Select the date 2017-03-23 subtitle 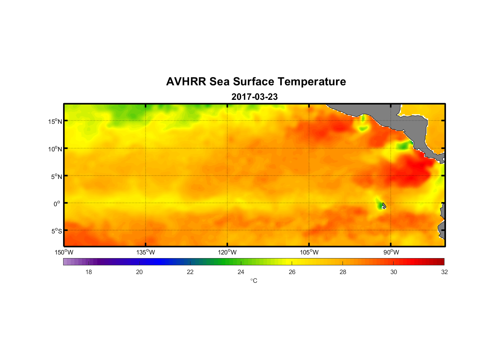(x=254, y=97)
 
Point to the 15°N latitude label (x=55, y=121)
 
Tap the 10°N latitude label (x=55, y=149)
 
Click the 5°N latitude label (x=56, y=176)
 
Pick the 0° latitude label (x=57, y=204)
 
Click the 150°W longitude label (x=64, y=252)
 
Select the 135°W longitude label (x=145, y=252)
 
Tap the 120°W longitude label (x=227, y=252)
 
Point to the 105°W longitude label (x=309, y=252)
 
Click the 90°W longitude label (x=391, y=252)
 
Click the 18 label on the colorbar (x=89, y=272)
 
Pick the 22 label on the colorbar (x=190, y=272)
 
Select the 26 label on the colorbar (x=292, y=272)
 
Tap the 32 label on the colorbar (x=444, y=272)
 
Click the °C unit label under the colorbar (x=254, y=281)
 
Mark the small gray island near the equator (x=384, y=205)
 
